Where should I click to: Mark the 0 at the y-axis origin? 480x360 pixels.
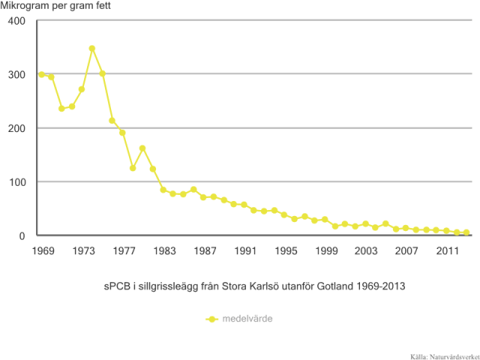(x=22, y=236)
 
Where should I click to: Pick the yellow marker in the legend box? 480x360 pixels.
(x=212, y=319)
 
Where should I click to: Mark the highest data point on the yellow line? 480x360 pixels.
(x=92, y=49)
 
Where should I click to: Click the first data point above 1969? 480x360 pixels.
(x=41, y=74)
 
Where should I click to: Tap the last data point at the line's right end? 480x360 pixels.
(x=466, y=232)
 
